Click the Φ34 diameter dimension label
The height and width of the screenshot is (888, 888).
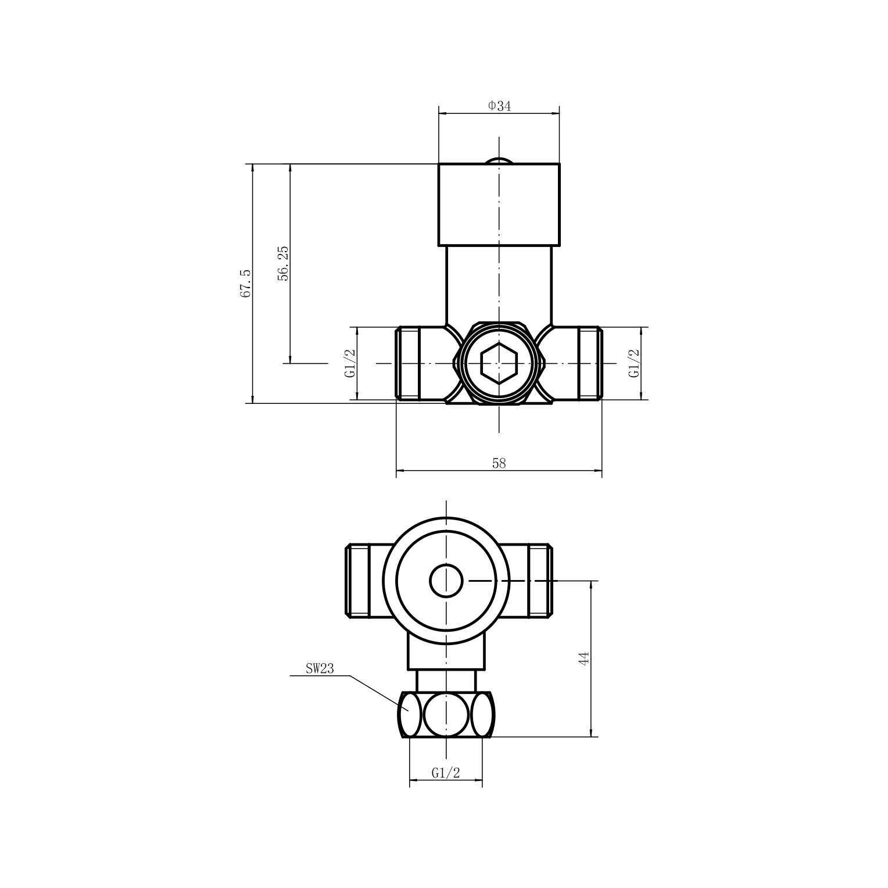click(x=499, y=106)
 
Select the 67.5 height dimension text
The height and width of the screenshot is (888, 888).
click(x=246, y=284)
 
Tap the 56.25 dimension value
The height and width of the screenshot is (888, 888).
click(x=283, y=263)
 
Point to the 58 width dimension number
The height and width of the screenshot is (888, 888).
click(x=499, y=463)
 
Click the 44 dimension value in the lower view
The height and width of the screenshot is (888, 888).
click(x=584, y=658)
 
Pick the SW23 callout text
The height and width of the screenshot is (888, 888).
click(x=320, y=668)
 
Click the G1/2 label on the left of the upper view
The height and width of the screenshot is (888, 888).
click(x=350, y=363)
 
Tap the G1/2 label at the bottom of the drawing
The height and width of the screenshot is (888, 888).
click(x=446, y=773)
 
